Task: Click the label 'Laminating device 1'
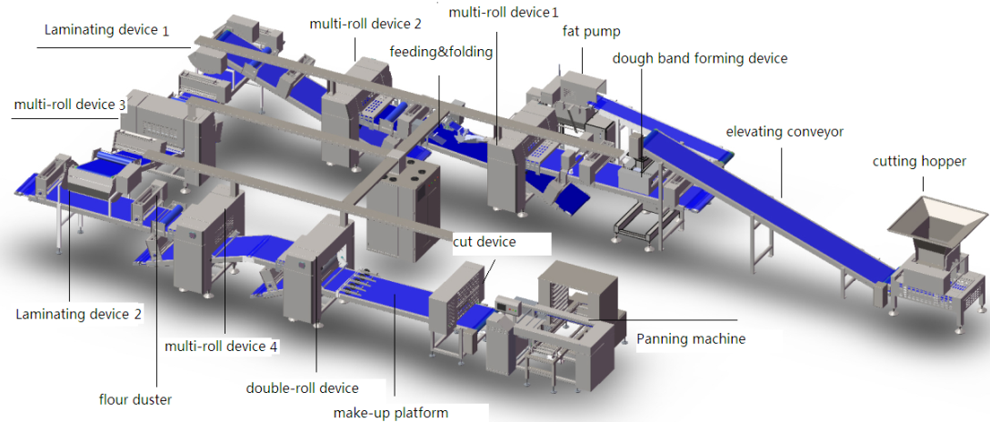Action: [x=106, y=30]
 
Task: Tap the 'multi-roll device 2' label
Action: [x=365, y=24]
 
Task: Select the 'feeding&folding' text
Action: [x=441, y=52]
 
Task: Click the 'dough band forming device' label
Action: [x=700, y=58]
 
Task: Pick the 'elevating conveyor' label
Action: [x=785, y=132]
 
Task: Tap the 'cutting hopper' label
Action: [x=919, y=162]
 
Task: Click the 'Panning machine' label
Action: [x=691, y=338]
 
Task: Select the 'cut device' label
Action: [x=485, y=241]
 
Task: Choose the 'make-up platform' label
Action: [x=391, y=413]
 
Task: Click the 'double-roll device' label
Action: [x=303, y=387]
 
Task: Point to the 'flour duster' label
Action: [x=135, y=398]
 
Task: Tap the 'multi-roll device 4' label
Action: [x=221, y=347]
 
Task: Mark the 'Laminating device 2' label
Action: [x=78, y=314]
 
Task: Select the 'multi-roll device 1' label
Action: [x=505, y=11]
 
